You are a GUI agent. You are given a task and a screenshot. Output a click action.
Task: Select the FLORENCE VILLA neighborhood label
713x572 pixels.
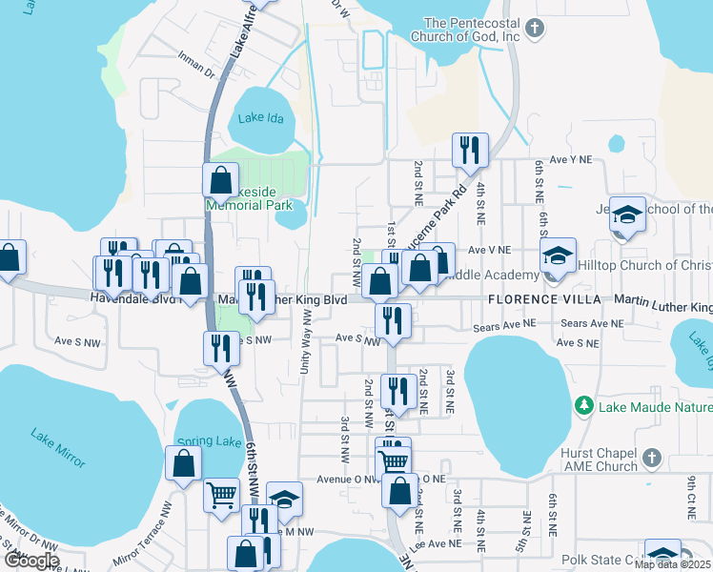tap(543, 299)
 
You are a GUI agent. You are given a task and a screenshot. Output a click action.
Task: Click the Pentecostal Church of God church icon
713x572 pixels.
tap(536, 29)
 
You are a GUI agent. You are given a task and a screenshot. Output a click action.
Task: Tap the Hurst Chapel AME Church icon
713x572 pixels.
tap(652, 460)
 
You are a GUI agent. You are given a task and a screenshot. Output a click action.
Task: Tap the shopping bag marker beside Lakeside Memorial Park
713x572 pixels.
tap(220, 180)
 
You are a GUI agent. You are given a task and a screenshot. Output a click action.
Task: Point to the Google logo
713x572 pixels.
tap(31, 560)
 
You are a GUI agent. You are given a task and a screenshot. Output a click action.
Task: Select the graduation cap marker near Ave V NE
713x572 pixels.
tap(559, 256)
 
